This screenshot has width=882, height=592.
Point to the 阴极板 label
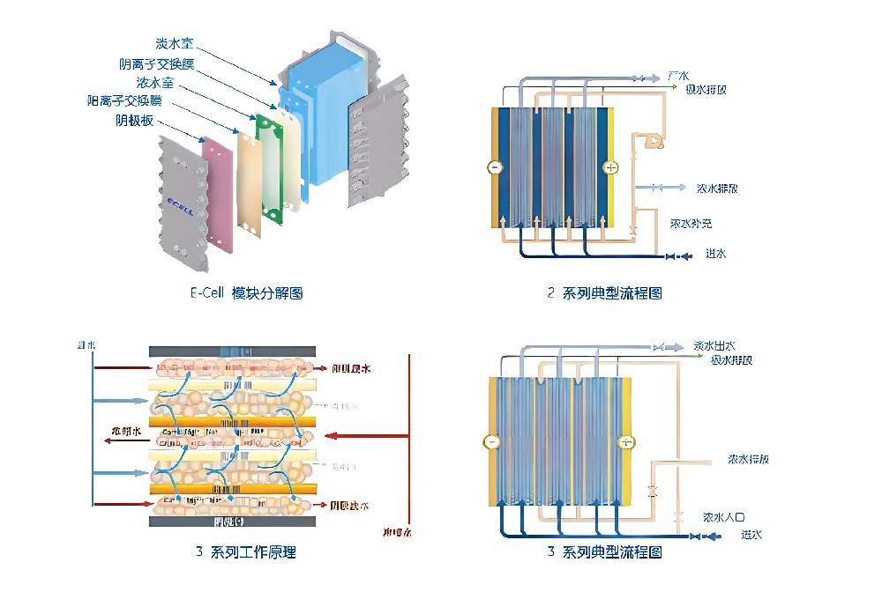[135, 120]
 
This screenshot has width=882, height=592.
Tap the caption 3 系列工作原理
[246, 552]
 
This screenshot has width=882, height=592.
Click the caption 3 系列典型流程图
[604, 552]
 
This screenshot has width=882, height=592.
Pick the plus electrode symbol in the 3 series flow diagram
[626, 442]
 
